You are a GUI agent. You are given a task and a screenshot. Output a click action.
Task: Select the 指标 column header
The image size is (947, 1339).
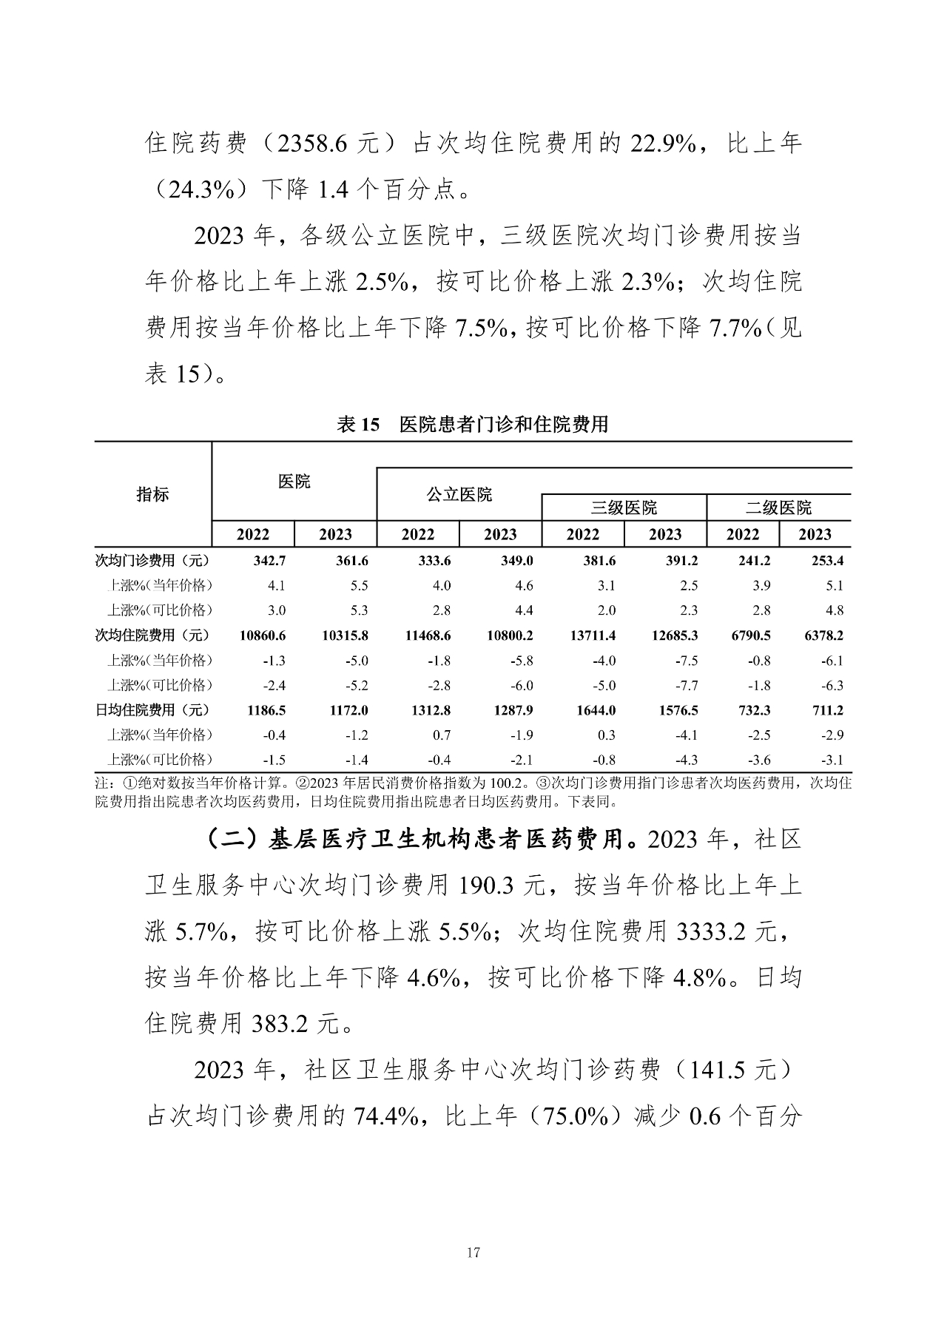tap(152, 495)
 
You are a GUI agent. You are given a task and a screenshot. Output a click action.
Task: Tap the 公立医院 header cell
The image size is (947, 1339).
tap(459, 495)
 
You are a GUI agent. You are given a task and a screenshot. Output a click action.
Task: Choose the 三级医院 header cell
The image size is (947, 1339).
tap(624, 508)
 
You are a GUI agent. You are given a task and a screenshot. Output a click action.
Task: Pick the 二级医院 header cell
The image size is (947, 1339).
tap(778, 508)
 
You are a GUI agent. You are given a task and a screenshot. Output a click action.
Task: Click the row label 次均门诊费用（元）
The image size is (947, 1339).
tap(152, 561)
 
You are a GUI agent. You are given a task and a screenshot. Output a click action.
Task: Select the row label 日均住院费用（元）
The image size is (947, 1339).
tap(152, 710)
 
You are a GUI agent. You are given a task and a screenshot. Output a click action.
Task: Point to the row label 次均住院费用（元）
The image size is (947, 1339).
tap(152, 635)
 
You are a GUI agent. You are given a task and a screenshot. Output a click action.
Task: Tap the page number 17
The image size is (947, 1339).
tap(474, 1252)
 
